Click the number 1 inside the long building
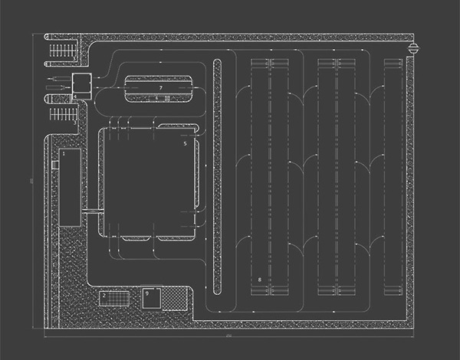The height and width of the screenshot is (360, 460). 64,153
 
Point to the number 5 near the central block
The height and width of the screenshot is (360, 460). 186,143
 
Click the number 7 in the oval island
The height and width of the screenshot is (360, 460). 160,89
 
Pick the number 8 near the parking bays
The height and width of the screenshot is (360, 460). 260,280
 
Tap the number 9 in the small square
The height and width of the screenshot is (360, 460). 147,293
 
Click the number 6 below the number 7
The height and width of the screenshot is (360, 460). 156,98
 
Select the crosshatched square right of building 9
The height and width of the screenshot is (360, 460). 176,298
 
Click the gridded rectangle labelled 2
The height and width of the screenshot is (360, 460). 113,298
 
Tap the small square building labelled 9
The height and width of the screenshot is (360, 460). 150,298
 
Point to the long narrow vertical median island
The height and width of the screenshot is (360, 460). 217,176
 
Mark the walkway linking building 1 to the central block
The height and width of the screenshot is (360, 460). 90,210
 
